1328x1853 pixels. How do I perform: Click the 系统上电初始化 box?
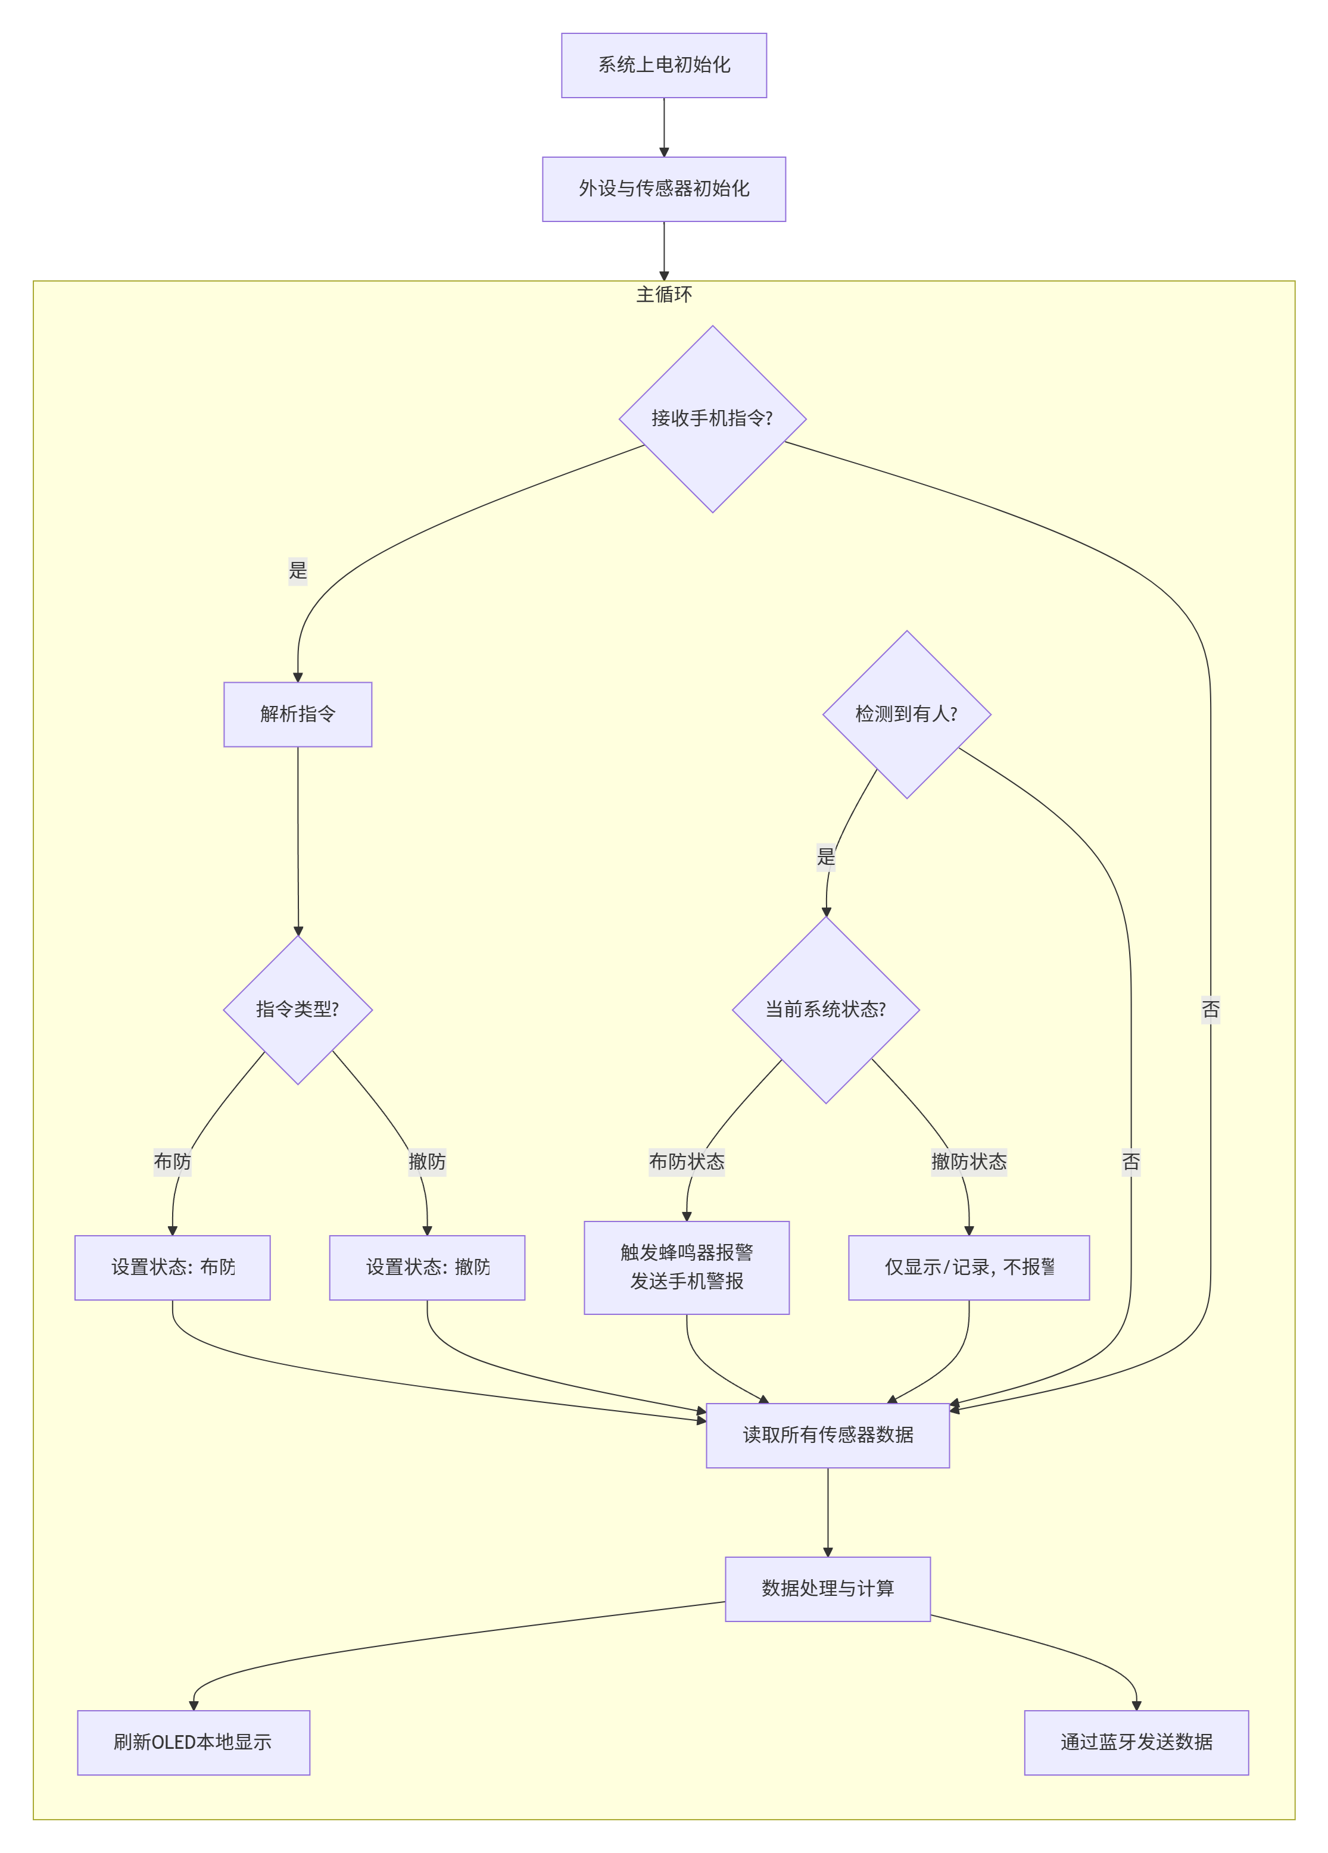click(663, 65)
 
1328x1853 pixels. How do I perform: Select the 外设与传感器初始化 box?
click(663, 189)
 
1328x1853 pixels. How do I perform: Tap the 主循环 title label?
click(663, 294)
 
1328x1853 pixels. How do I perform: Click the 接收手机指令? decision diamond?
click(712, 419)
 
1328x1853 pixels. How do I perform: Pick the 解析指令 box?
click(298, 714)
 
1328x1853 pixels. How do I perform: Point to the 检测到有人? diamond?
click(906, 714)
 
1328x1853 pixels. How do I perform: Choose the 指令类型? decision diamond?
click(298, 1010)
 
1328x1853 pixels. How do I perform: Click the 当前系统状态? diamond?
click(825, 1010)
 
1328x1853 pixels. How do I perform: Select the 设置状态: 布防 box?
click(173, 1267)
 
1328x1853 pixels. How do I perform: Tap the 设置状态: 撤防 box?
click(426, 1267)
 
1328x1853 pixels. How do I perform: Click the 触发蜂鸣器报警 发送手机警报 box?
click(687, 1267)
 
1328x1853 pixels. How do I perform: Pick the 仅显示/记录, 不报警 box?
click(968, 1267)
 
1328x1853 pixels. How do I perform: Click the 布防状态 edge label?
click(687, 1162)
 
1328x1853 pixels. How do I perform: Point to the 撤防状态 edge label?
click(968, 1162)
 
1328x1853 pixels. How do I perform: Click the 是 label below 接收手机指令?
click(298, 570)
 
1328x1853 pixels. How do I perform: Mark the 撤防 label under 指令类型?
click(426, 1162)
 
